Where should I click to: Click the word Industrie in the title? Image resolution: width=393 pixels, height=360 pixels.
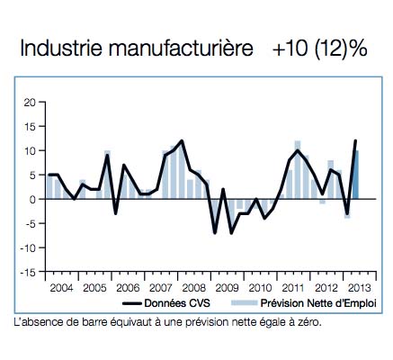coord(61,48)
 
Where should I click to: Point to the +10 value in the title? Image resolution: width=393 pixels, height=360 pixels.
coord(290,49)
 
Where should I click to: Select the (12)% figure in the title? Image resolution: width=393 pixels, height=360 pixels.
coord(341,49)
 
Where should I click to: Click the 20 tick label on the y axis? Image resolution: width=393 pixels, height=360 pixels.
coord(31,103)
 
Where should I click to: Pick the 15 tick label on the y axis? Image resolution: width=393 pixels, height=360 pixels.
coord(31,127)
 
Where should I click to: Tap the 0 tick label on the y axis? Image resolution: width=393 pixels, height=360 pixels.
coord(32,200)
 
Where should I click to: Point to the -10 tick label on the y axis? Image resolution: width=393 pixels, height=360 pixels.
coord(28,248)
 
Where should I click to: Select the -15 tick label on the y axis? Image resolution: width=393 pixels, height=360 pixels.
coord(28,273)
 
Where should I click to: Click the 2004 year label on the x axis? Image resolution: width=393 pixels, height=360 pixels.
coord(61,288)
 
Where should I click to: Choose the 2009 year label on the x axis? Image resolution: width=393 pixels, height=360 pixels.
coord(227,288)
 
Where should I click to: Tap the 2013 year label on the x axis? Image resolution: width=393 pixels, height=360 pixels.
coord(360,288)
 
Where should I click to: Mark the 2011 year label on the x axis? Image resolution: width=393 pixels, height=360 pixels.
coord(293,288)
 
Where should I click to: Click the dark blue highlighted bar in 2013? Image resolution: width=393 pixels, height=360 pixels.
coord(355,175)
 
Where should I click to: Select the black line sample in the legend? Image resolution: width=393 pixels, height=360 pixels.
coord(132,303)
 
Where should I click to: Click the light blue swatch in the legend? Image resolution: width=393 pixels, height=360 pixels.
coord(245,303)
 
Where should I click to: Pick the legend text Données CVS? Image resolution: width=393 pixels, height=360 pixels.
coord(177,303)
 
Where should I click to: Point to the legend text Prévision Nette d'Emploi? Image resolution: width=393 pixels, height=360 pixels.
coord(318,303)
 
